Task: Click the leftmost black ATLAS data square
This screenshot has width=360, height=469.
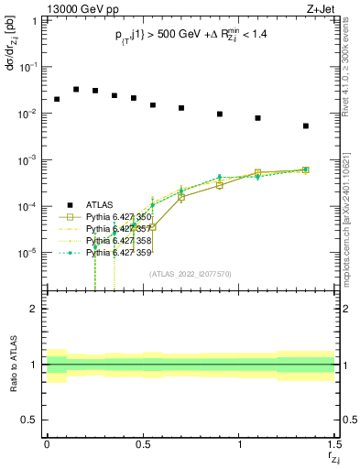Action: pos(57,99)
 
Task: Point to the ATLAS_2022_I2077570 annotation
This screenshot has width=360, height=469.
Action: pos(191,273)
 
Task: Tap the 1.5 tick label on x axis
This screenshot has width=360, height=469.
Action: pos(335,444)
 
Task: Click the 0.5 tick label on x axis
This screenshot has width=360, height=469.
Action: pos(143,444)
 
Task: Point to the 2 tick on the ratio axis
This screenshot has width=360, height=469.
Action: pos(34,309)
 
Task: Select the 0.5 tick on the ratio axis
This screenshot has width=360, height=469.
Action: pos(30,420)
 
